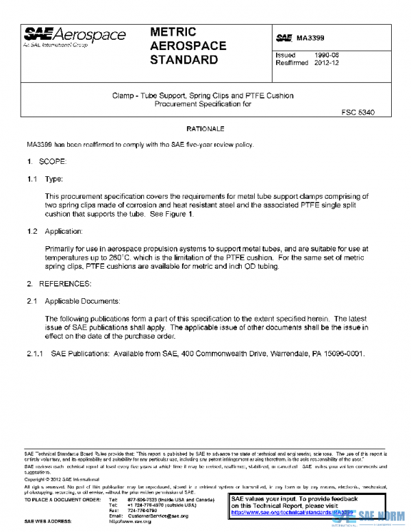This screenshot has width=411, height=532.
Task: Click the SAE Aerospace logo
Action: pyautogui.click(x=75, y=37)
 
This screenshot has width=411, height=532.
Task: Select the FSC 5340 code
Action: pyautogui.click(x=356, y=112)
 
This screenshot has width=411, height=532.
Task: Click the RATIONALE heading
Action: pyautogui.click(x=206, y=129)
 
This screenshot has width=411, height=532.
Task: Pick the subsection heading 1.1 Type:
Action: pyautogui.click(x=45, y=178)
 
